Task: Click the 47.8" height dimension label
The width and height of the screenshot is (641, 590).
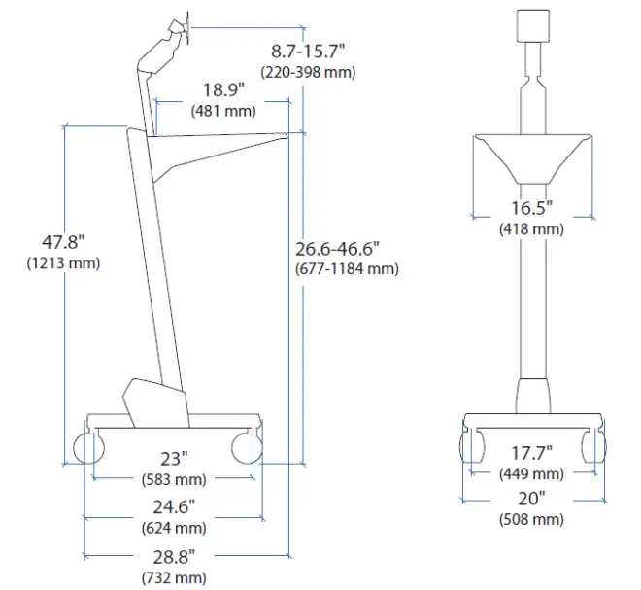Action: click(x=63, y=242)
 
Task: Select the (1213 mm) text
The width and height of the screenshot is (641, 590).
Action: click(x=63, y=262)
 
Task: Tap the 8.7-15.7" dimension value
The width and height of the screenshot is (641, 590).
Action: click(x=308, y=52)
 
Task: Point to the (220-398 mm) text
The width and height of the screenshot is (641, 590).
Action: click(x=308, y=72)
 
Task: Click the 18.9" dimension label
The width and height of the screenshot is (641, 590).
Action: click(x=223, y=89)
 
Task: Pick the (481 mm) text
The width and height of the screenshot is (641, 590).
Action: click(x=223, y=111)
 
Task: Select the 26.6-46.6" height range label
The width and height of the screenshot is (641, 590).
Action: click(x=337, y=249)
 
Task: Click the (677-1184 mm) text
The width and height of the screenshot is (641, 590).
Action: click(x=347, y=269)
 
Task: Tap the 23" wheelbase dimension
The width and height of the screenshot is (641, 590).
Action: click(x=174, y=459)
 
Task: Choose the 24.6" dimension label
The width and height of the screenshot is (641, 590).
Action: click(x=174, y=507)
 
